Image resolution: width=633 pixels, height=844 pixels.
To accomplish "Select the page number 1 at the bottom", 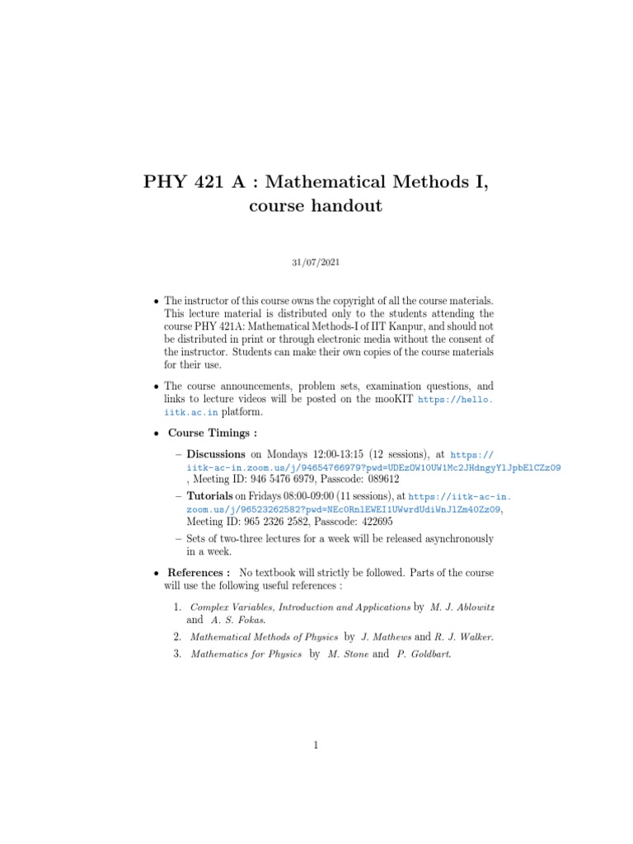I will (316, 745).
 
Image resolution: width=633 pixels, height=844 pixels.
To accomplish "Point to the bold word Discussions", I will (216, 453).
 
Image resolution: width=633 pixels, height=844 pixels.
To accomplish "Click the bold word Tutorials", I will (210, 496).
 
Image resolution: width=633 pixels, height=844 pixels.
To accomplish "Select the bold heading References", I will (198, 572).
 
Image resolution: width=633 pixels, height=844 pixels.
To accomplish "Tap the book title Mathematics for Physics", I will (246, 654).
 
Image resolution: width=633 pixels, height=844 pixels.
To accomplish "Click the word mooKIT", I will (392, 398).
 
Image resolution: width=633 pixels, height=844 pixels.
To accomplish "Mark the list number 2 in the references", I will (177, 636).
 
